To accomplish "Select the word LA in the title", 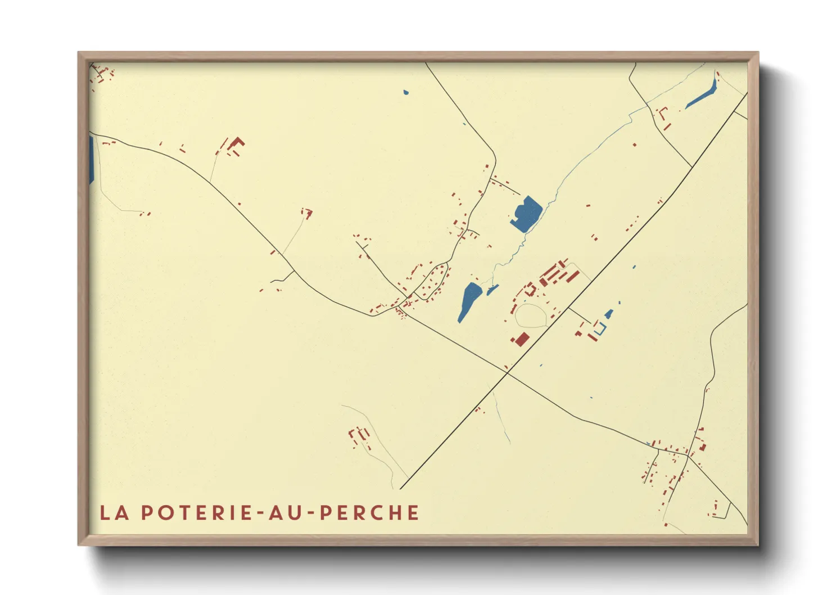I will (x=115, y=512).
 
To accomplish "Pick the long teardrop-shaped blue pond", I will (x=469, y=301).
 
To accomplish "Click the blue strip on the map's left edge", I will (x=91, y=159).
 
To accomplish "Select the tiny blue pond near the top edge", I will (x=406, y=92).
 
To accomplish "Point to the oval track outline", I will (x=531, y=315).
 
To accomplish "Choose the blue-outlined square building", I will (x=600, y=328).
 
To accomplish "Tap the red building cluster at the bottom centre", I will (x=359, y=436).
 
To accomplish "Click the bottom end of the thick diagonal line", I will (x=401, y=489).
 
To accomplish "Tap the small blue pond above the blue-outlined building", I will (x=608, y=314).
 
